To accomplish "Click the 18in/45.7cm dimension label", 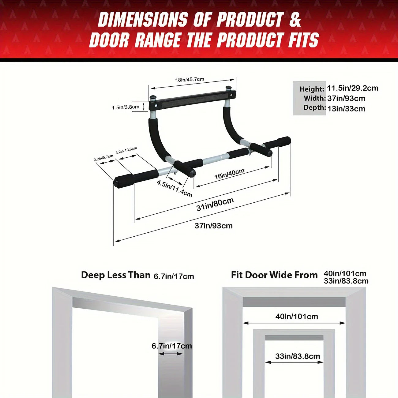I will [190, 80].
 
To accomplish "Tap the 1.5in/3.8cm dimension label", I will [126, 107].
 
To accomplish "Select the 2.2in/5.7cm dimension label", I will [103, 158].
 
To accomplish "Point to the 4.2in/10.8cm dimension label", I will [126, 151].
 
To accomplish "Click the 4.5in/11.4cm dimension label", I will [175, 188].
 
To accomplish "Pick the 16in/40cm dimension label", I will [229, 174].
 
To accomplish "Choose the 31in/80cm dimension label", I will [215, 204].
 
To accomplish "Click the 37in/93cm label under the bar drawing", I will [214, 226].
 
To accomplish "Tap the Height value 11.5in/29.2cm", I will [352, 88].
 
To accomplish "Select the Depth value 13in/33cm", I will [346, 109].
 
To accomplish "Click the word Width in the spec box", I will [314, 98].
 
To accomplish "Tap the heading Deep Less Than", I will [116, 275].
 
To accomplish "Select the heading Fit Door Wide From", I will [274, 275].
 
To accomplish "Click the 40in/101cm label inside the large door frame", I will [297, 316].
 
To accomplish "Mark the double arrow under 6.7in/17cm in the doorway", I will [171, 354].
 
